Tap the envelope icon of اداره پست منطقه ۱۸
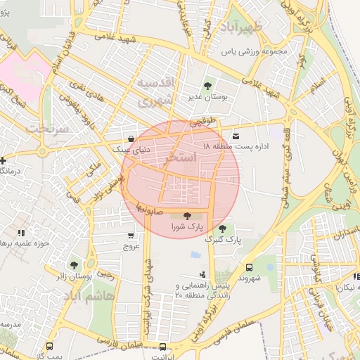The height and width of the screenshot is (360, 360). click(x=235, y=135)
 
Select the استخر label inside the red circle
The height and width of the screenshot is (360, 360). click(x=181, y=160)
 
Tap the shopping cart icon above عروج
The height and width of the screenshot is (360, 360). click(x=131, y=236)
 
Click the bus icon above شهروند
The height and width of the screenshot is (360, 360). click(x=249, y=267)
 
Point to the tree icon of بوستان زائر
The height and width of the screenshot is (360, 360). click(x=74, y=265)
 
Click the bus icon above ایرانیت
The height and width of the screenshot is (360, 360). click(x=163, y=347)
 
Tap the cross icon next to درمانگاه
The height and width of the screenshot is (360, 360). click(x=4, y=160)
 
